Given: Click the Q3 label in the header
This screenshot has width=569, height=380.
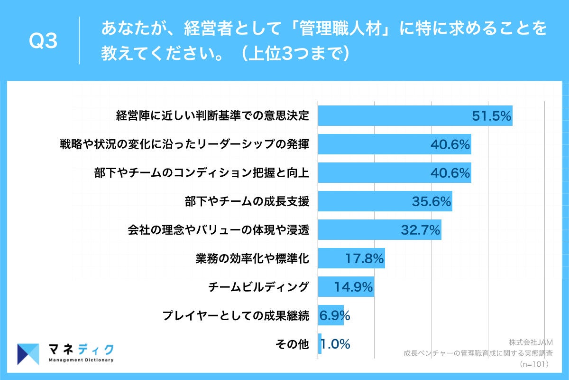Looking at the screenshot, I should coord(43,42).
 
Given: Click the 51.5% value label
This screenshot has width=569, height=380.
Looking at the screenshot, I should coord(491,116).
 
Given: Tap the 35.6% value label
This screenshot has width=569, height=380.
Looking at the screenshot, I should coord(431,202).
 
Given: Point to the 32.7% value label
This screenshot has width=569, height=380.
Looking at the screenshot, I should coord(421,230).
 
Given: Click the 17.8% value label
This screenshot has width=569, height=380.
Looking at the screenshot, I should coord(364,259).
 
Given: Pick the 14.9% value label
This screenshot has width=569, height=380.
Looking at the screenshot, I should coord(353,287).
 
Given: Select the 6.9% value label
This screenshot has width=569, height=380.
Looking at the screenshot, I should coord(335,315).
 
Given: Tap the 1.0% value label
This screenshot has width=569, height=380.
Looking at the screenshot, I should coord(335,344).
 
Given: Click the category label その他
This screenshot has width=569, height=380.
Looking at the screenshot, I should coord(292,344).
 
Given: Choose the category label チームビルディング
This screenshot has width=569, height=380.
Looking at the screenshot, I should coord(259,287).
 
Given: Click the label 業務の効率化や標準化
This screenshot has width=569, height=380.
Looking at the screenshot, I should coord(252,258).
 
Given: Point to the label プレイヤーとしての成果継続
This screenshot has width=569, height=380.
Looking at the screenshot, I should coord(236,315).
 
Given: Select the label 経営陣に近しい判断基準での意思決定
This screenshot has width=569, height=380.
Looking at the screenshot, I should coord(213,116).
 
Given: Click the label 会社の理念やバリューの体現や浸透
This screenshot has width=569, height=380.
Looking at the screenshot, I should coord(219,230).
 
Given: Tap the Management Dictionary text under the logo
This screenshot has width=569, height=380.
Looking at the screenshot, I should coord(81,360).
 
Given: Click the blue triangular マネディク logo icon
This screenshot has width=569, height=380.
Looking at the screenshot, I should coord(28,354).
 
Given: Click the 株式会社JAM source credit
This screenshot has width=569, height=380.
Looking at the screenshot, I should coord(531,342).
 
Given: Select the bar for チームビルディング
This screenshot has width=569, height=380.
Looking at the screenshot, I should coord(346,287).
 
